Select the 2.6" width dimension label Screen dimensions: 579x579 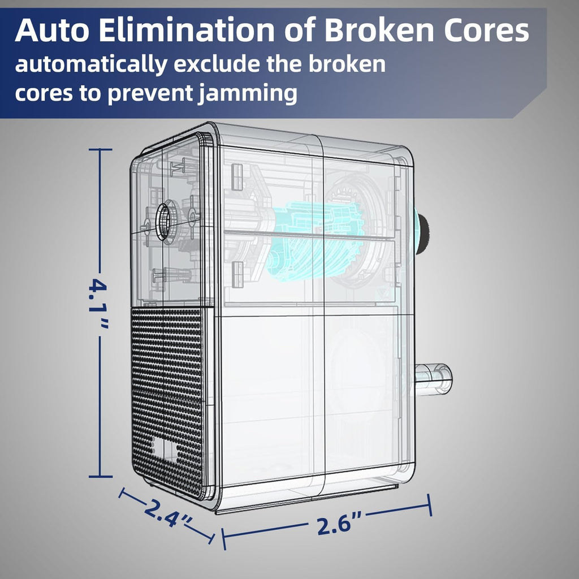coord(339,523)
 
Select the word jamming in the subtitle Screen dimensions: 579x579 coord(248,94)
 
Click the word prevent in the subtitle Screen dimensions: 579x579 coord(150,94)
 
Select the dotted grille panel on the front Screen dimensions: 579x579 coord(168,401)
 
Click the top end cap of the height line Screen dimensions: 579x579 coord(100,149)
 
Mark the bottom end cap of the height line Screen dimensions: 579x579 coord(101,477)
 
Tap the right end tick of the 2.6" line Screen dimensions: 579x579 coord(430,505)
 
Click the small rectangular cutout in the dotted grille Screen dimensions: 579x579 coord(164,448)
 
